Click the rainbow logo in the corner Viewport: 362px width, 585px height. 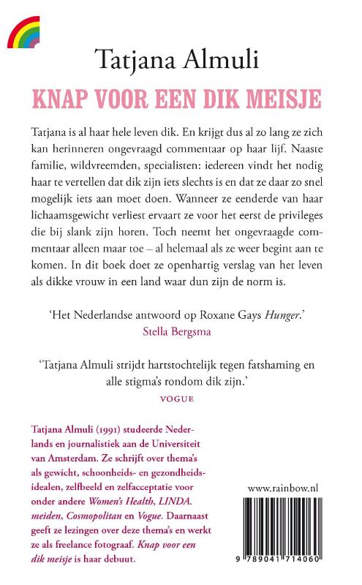(x=23, y=32)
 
